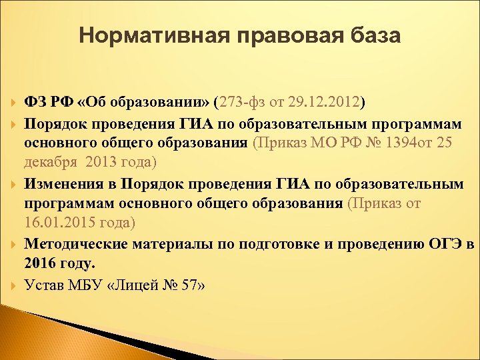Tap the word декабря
51,163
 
